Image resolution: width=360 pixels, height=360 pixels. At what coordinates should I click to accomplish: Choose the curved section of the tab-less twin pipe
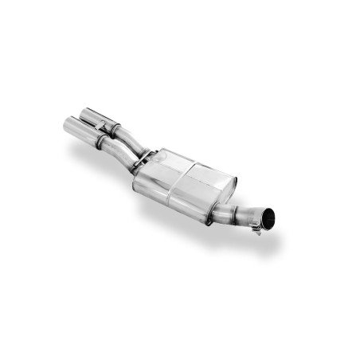[119, 153]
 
